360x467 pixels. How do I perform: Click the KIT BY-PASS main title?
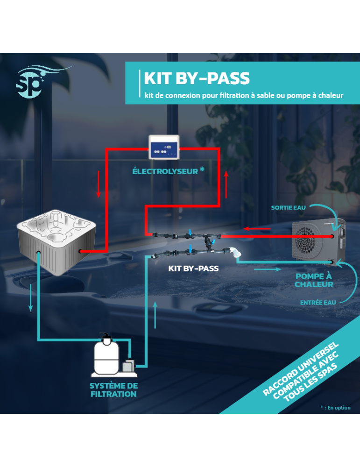coord(197,78)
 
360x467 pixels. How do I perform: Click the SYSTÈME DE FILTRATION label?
coord(113,390)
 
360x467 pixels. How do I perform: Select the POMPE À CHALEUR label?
coord(314,280)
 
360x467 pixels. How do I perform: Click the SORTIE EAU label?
coord(288,207)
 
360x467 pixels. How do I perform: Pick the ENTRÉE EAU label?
coord(318,303)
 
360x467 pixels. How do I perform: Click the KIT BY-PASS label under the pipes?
coord(193,269)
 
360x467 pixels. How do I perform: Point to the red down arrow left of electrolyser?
coord(98,184)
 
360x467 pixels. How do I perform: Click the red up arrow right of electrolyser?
coord(226,184)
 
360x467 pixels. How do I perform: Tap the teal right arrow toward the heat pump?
coord(267,269)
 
